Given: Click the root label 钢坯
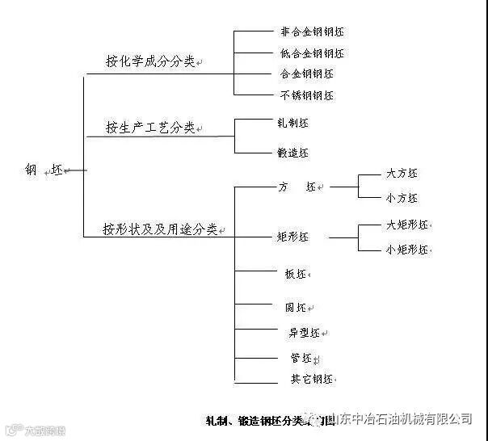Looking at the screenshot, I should click(x=44, y=170).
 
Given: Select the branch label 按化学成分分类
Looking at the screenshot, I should click(x=150, y=61).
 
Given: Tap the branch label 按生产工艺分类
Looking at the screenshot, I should click(x=150, y=128).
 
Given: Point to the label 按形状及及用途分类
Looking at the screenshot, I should click(x=160, y=229).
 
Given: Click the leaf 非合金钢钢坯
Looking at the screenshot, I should click(x=312, y=32).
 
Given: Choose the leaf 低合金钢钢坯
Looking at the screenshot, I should click(x=312, y=53).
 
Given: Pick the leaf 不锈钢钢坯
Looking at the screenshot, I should click(x=306, y=95).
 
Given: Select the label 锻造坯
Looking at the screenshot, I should click(x=292, y=152).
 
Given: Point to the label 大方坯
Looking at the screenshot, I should click(x=402, y=174).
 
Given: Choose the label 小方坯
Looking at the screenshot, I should click(x=402, y=198).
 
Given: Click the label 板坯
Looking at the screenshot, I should click(x=292, y=275).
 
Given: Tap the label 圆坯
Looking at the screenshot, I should click(x=294, y=307).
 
